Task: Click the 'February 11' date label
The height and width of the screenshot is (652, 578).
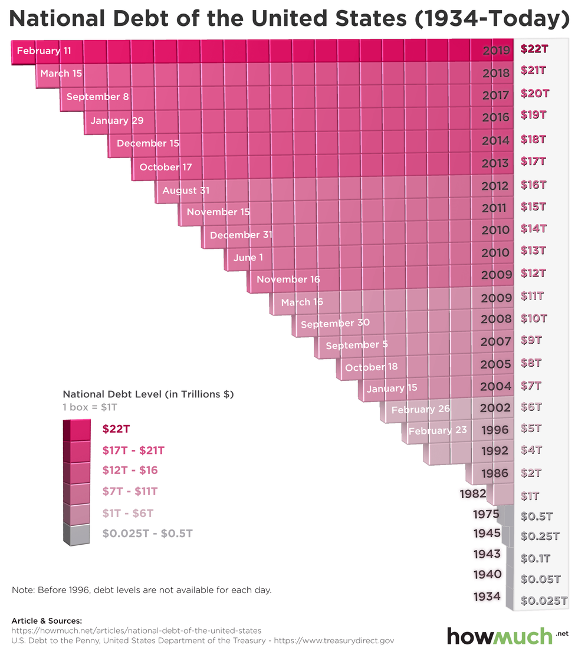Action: (44, 51)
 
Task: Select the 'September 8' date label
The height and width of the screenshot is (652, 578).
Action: (97, 97)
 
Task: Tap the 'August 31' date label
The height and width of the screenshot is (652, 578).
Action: (186, 190)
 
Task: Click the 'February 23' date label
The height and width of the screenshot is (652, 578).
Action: (438, 430)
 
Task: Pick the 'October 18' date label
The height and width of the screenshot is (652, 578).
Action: (372, 367)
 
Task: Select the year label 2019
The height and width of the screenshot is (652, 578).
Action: (495, 51)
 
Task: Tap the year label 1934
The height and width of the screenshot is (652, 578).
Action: (487, 597)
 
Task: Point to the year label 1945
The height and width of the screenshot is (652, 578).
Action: (487, 534)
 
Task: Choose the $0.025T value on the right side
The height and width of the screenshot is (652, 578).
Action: (544, 601)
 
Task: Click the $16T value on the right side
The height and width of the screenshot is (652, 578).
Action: (533, 185)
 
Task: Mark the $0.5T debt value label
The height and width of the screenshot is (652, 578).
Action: (537, 516)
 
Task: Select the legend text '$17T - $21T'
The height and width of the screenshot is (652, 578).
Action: (133, 450)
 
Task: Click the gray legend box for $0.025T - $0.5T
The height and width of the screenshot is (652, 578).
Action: (77, 534)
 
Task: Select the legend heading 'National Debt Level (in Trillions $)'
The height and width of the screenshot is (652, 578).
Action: (148, 394)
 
